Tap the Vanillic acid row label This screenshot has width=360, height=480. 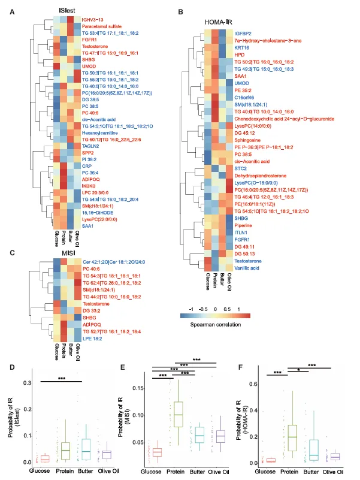247,267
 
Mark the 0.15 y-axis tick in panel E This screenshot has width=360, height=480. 136,388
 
